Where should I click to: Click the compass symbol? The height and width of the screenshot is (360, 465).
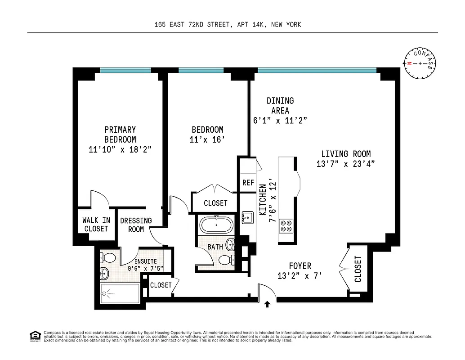click(420, 63)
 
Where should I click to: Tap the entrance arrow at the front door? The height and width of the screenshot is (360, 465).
click(267, 304)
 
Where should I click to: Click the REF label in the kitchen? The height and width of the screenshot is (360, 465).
click(248, 183)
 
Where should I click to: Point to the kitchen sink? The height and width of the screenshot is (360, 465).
click(247, 217)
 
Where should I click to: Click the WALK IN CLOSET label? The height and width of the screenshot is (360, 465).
click(96, 225)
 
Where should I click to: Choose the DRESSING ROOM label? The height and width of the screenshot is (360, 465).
click(136, 225)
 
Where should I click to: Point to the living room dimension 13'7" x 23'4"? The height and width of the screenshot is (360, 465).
click(345, 164)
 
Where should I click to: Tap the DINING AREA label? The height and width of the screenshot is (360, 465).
click(280, 105)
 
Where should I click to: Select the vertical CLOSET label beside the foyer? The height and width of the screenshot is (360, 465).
click(358, 269)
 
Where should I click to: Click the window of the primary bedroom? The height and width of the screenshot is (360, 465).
click(125, 70)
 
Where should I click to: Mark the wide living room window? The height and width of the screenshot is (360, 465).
click(317, 70)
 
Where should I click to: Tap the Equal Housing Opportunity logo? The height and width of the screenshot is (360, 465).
click(35, 336)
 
